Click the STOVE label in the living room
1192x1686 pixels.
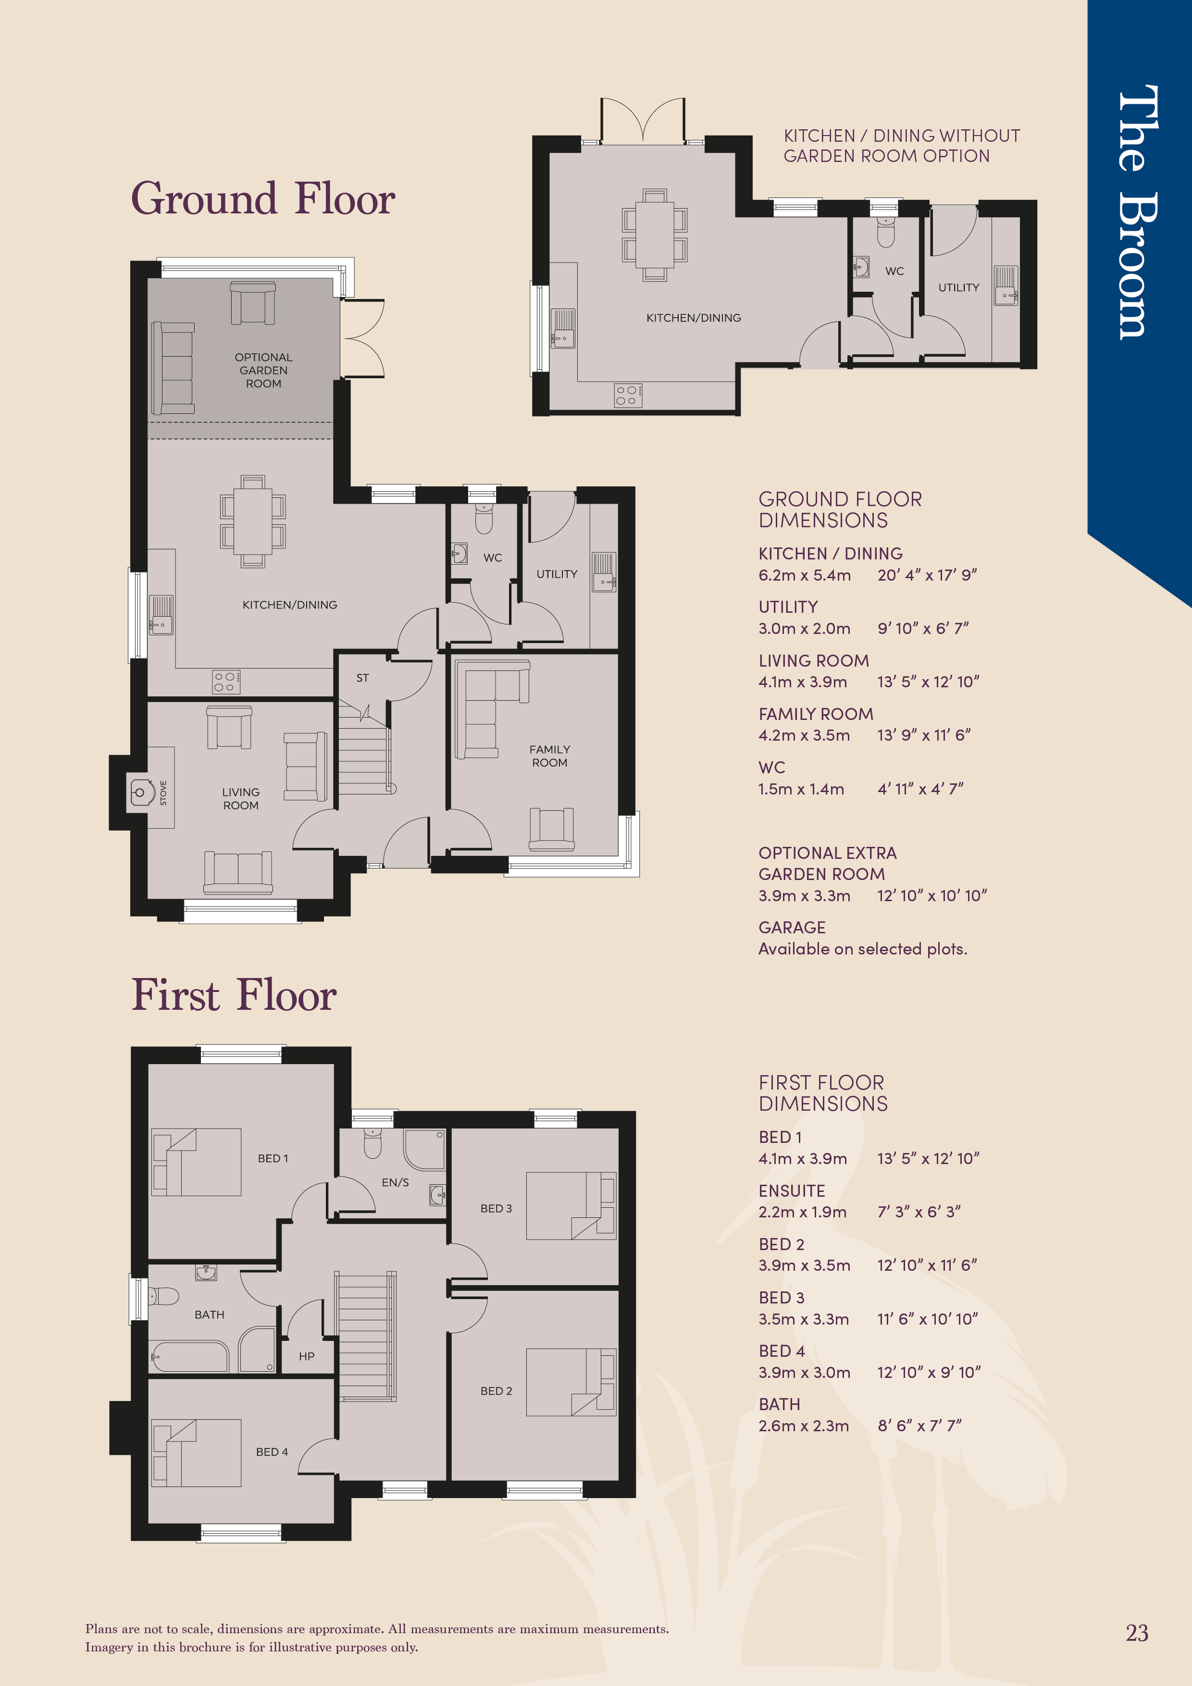pos(163,793)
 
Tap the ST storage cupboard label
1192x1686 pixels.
pos(362,678)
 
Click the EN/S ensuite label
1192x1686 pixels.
pos(395,1182)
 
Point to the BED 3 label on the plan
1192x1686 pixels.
pos(497,1208)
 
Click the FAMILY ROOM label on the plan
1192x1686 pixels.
pos(549,756)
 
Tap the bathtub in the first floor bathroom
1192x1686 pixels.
pos(189,1356)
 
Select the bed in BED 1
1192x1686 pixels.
pos(197,1162)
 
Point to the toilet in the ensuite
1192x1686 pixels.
pos(373,1142)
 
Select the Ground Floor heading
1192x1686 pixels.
pos(263,198)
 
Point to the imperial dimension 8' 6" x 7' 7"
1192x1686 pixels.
pos(919,1426)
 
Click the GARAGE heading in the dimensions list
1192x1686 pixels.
pos(792,928)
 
